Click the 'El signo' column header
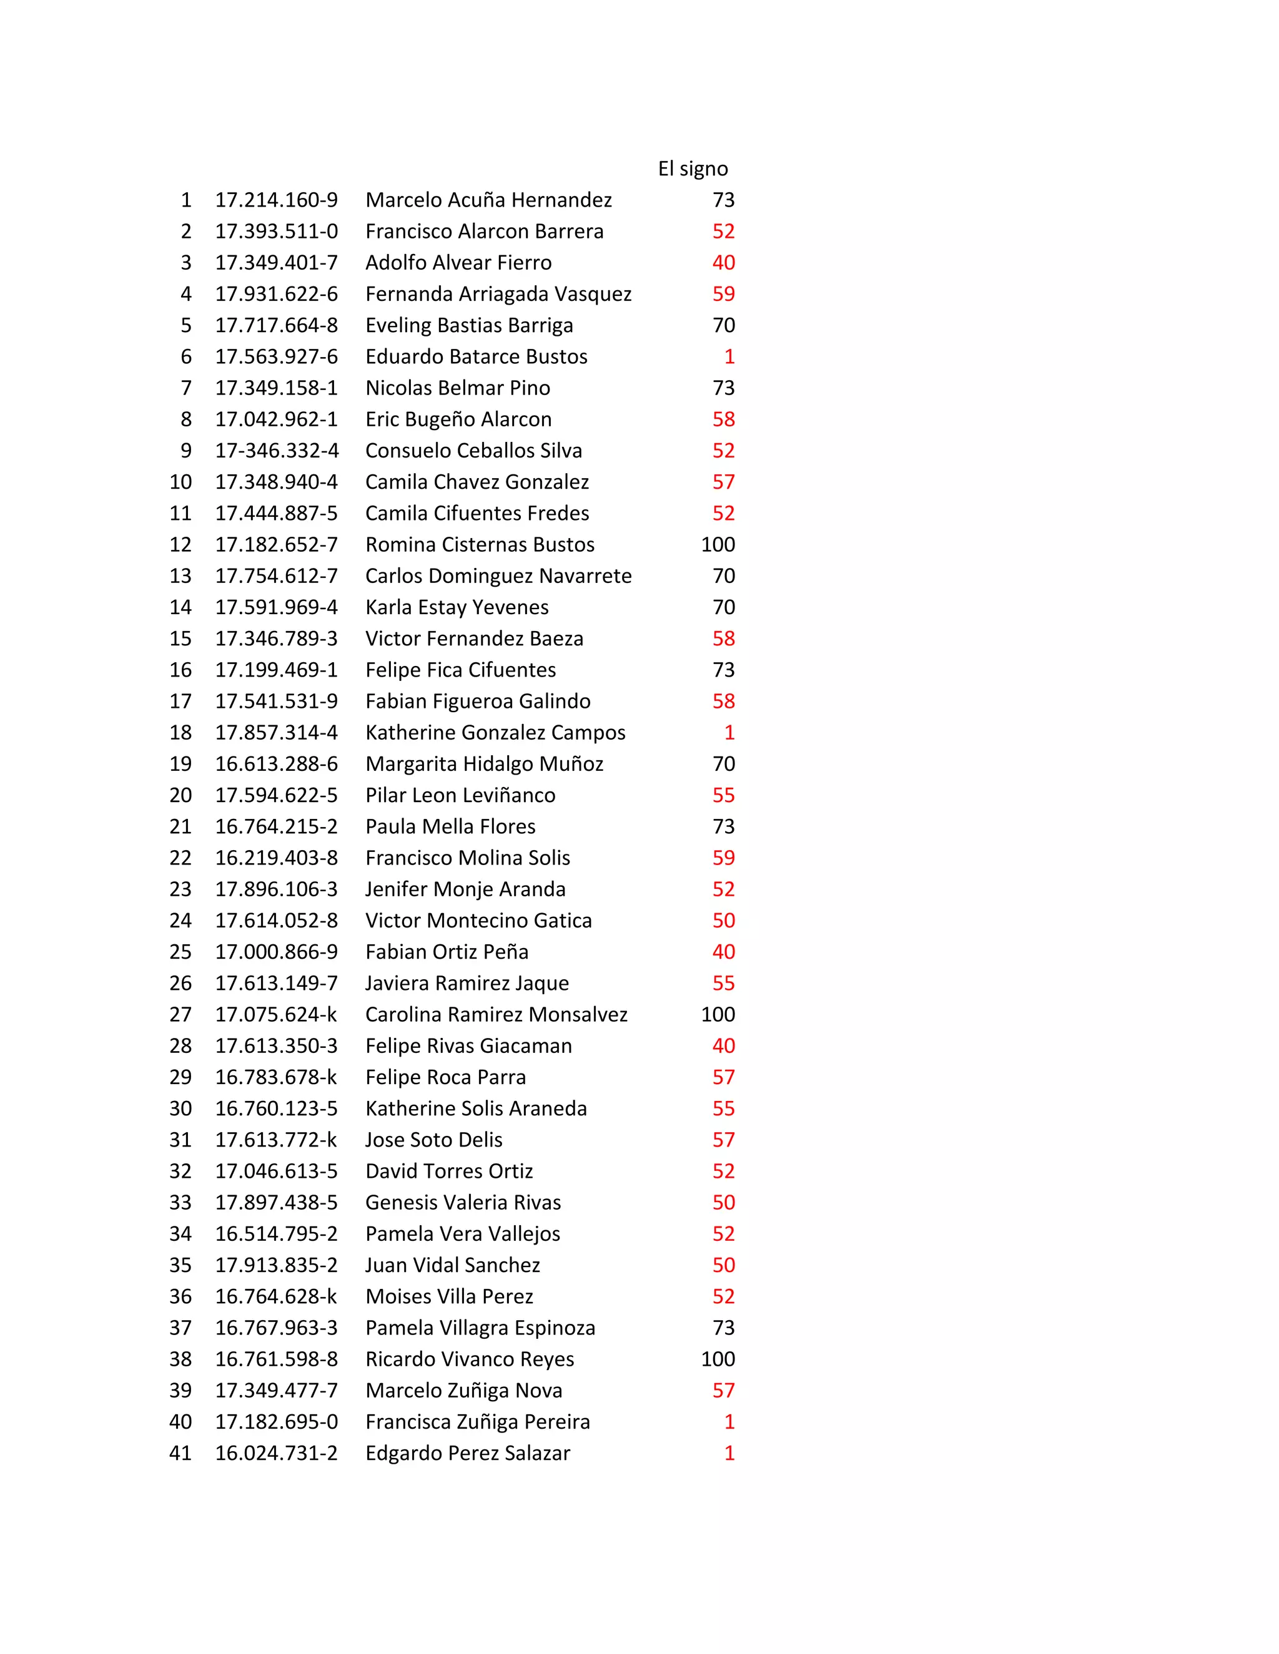coord(693,169)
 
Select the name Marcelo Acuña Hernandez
coord(489,200)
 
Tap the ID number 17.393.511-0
coord(277,232)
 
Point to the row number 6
coord(186,356)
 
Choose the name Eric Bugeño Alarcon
coord(458,419)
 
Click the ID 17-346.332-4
coord(277,451)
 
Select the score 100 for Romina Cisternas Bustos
coord(718,544)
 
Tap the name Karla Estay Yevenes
coord(457,607)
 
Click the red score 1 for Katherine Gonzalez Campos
coord(729,732)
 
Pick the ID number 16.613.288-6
coord(277,764)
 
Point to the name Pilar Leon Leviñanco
coord(460,795)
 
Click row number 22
coord(180,858)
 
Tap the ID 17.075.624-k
coord(276,1015)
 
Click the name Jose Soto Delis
coord(433,1140)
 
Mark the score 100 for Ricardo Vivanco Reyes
coord(718,1359)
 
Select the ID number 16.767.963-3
coord(277,1328)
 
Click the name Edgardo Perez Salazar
coord(468,1453)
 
